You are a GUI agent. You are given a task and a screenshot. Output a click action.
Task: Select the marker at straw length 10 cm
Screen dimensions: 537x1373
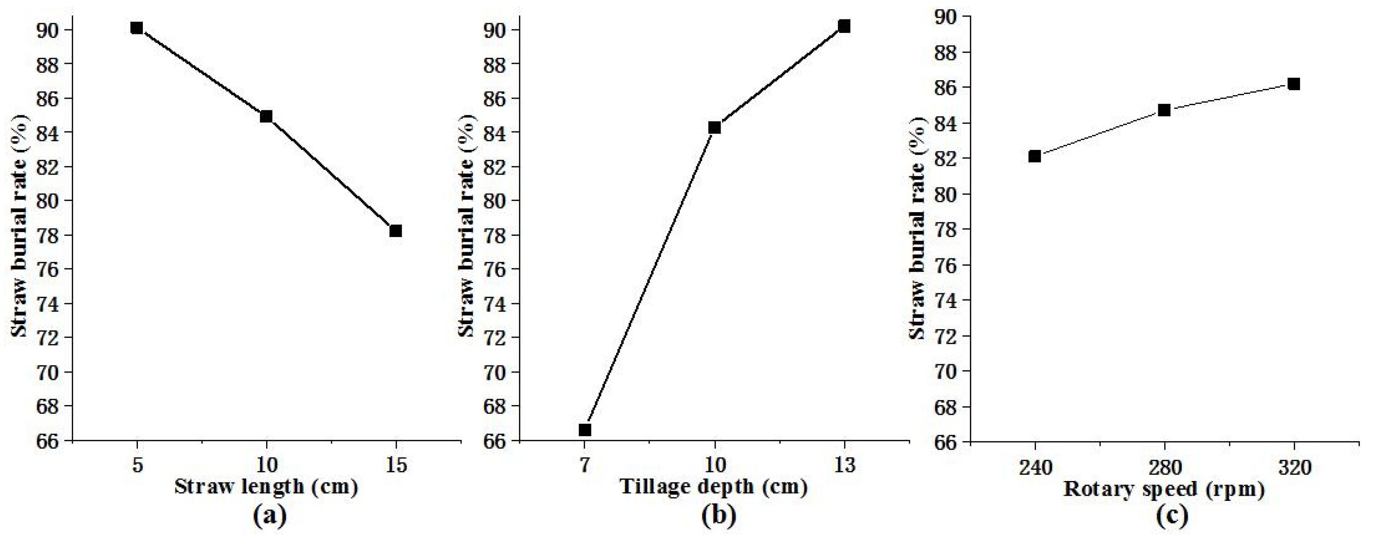[x=266, y=116]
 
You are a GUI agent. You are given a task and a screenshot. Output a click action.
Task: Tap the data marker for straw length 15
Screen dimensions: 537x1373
[x=396, y=231]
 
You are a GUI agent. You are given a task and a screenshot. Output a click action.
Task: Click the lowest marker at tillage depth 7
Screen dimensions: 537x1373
[x=585, y=429]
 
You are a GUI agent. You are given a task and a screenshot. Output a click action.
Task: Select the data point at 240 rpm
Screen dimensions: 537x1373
[x=1035, y=156]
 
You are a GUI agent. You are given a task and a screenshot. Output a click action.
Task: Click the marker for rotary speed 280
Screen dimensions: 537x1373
[x=1164, y=110]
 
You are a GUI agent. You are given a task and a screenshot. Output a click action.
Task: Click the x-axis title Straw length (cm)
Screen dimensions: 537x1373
[x=266, y=487]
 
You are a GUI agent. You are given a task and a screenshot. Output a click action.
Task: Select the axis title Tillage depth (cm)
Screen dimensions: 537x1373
[x=714, y=487]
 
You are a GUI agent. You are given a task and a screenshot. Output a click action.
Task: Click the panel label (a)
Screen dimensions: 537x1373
[x=269, y=515]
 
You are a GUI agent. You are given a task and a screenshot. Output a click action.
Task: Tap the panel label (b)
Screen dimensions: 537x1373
[x=719, y=515]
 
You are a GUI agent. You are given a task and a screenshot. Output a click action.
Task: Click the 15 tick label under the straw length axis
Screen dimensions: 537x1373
[x=396, y=465]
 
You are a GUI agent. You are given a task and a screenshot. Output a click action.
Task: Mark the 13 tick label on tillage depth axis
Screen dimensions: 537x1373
[x=844, y=465]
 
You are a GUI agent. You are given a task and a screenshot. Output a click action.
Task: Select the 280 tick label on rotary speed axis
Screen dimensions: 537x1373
[x=1165, y=468]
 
